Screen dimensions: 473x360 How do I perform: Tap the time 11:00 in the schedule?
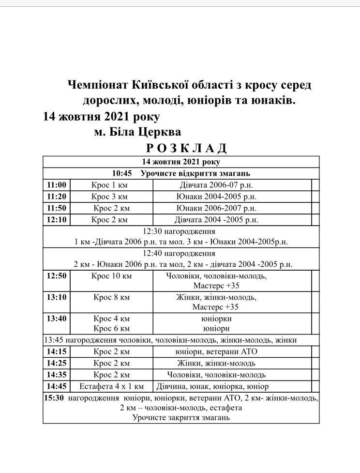[57, 184]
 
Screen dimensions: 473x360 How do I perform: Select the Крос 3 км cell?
[111, 197]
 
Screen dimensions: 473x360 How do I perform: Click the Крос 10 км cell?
[111, 276]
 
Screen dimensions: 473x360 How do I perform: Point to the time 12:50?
[57, 276]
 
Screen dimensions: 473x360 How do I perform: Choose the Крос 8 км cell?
[111, 297]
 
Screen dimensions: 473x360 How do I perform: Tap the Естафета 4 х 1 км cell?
[111, 386]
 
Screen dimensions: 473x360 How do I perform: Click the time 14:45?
[57, 386]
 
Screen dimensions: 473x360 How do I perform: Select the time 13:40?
[57, 319]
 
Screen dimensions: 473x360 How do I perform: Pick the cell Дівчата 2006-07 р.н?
[216, 184]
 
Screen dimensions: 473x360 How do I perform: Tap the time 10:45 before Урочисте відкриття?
[122, 173]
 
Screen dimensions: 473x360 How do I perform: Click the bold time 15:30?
[54, 398]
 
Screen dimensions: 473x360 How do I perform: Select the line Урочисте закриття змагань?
[181, 417]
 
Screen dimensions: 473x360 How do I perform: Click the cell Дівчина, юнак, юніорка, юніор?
[212, 386]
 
